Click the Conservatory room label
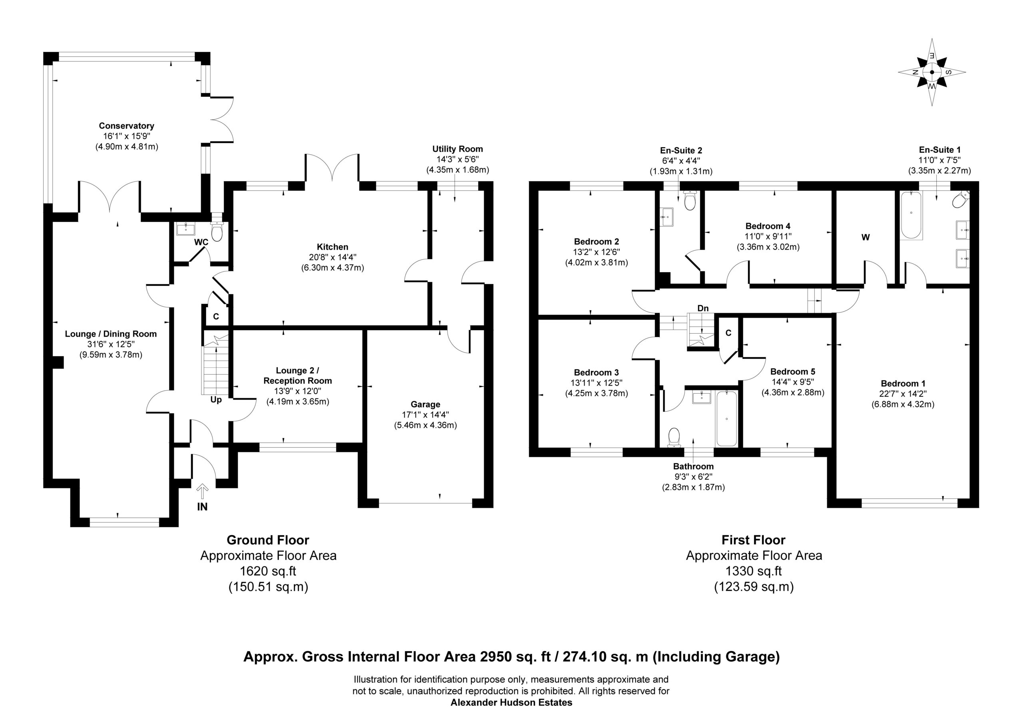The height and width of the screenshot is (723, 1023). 127,126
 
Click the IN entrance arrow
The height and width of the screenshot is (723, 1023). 202,491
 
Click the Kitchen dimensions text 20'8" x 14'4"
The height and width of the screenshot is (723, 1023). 332,257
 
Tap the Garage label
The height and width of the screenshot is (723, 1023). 426,404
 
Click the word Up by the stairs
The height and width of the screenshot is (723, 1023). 216,400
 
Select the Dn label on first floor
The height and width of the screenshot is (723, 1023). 703,308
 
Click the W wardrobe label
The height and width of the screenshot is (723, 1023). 865,237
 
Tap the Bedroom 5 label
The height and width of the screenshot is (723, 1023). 793,371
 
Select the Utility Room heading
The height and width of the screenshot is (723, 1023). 458,149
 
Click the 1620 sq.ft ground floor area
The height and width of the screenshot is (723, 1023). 268,571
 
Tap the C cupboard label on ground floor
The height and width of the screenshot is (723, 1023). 216,317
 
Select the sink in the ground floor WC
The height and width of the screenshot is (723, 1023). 186,229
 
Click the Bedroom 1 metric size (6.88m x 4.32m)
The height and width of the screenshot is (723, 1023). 903,404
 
